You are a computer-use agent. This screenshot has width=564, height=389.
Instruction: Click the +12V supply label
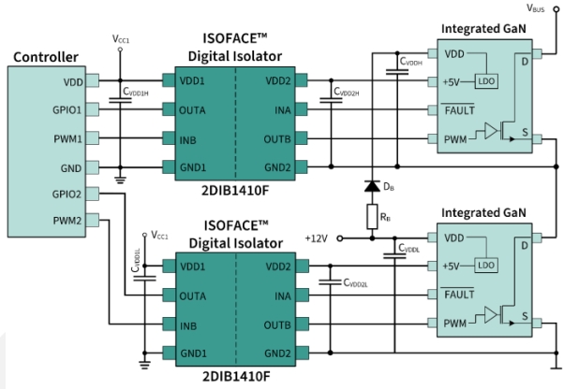pos(317,239)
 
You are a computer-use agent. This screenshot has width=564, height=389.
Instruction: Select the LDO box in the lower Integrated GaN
pos(486,266)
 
